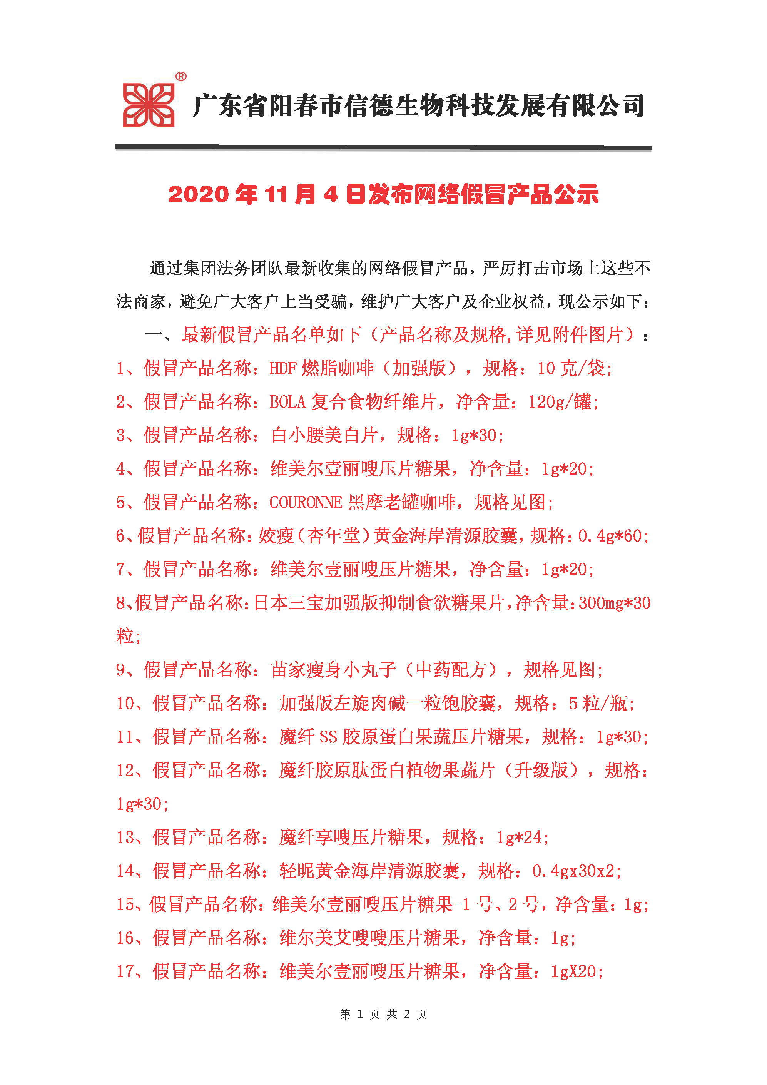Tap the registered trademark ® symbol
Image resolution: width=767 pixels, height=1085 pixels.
point(180,76)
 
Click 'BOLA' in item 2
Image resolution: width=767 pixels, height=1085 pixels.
point(287,402)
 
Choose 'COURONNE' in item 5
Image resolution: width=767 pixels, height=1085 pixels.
point(305,502)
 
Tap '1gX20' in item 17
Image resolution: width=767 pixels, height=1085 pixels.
point(573,971)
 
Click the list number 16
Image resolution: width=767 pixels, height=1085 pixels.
point(126,938)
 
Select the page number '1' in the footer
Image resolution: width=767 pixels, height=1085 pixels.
point(360,1014)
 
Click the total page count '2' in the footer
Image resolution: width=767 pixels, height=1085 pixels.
point(406,1014)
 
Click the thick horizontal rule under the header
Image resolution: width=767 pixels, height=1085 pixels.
point(383,148)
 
